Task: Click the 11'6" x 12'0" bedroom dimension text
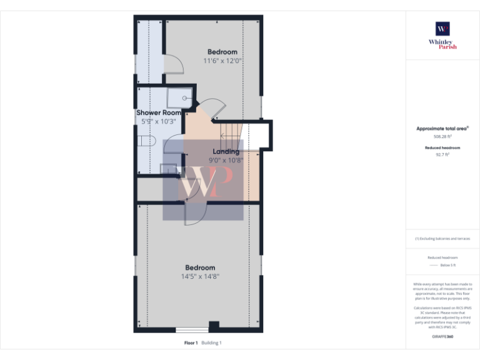click(222, 61)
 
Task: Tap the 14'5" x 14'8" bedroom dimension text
click(200, 276)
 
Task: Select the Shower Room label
click(159, 112)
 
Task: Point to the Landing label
click(226, 151)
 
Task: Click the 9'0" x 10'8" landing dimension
click(226, 160)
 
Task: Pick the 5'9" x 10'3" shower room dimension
click(159, 121)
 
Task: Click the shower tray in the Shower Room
click(181, 97)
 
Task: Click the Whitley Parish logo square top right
click(442, 29)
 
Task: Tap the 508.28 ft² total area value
click(442, 136)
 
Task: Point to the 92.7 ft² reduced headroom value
click(442, 154)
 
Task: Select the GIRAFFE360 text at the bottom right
click(442, 337)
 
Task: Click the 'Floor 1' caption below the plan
click(191, 342)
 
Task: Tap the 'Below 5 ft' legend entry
click(449, 265)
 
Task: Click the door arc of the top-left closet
click(174, 62)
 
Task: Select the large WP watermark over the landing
click(203, 180)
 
